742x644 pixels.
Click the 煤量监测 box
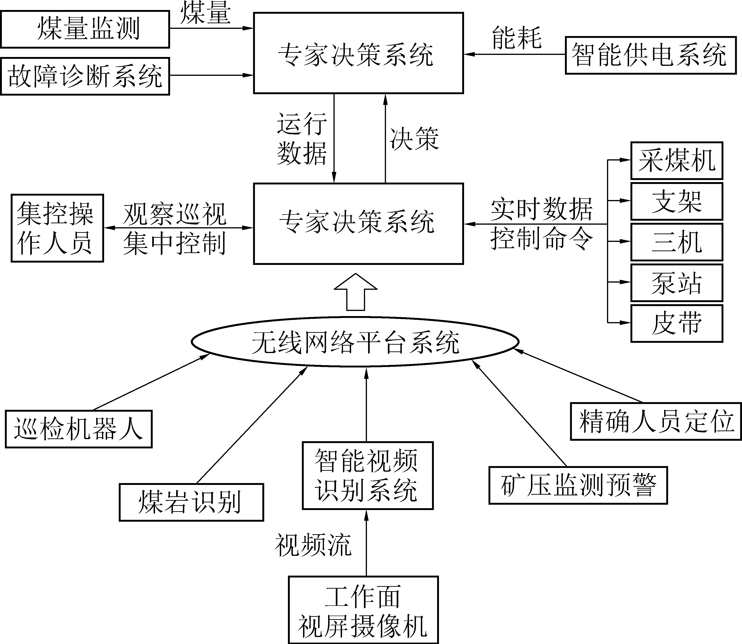click(85, 29)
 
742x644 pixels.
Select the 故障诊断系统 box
click(85, 76)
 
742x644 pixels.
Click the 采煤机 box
click(677, 161)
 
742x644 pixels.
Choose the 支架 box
click(677, 201)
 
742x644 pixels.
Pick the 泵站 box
click(677, 283)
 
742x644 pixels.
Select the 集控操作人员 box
click(57, 228)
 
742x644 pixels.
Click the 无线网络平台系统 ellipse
click(355, 342)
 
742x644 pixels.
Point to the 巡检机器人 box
click(79, 429)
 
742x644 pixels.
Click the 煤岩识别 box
click(191, 502)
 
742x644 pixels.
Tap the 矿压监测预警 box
click(578, 485)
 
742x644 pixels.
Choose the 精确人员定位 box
click(656, 422)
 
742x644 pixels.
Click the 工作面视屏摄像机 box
click(363, 610)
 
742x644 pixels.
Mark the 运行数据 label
click(302, 138)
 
